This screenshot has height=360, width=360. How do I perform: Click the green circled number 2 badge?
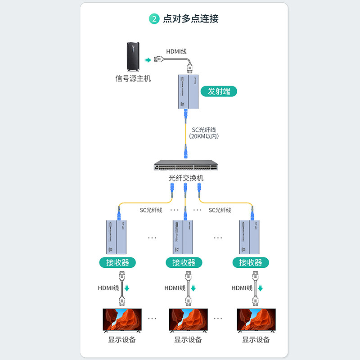pyautogui.click(x=154, y=19)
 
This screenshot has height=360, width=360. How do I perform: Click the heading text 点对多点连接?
pyautogui.click(x=191, y=19)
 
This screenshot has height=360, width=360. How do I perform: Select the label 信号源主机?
pyautogui.click(x=133, y=79)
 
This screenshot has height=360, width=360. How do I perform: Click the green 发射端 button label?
pyautogui.click(x=219, y=91)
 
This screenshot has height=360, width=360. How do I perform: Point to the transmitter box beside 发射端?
pyautogui.click(x=186, y=92)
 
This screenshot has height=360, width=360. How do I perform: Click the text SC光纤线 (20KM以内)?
pyautogui.click(x=204, y=133)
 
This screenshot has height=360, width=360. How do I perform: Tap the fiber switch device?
pyautogui.click(x=186, y=166)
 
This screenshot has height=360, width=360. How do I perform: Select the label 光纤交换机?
pyautogui.click(x=186, y=178)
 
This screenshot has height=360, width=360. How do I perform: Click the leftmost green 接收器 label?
pyautogui.click(x=117, y=262)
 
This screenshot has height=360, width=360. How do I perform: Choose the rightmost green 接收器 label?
pyautogui.click(x=250, y=262)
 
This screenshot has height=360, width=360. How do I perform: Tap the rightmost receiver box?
pyautogui.click(x=250, y=237)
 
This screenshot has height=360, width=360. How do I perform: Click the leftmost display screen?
pyautogui.click(x=122, y=320)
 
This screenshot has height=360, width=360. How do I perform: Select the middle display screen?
pyautogui.click(x=188, y=320)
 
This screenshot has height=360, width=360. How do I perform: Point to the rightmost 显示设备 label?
pyautogui.click(x=256, y=340)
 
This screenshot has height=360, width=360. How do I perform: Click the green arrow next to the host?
pyautogui.click(x=148, y=59)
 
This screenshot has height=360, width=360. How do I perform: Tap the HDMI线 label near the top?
pyautogui.click(x=176, y=51)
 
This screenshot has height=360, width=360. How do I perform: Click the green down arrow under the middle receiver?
pyautogui.click(x=193, y=288)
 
